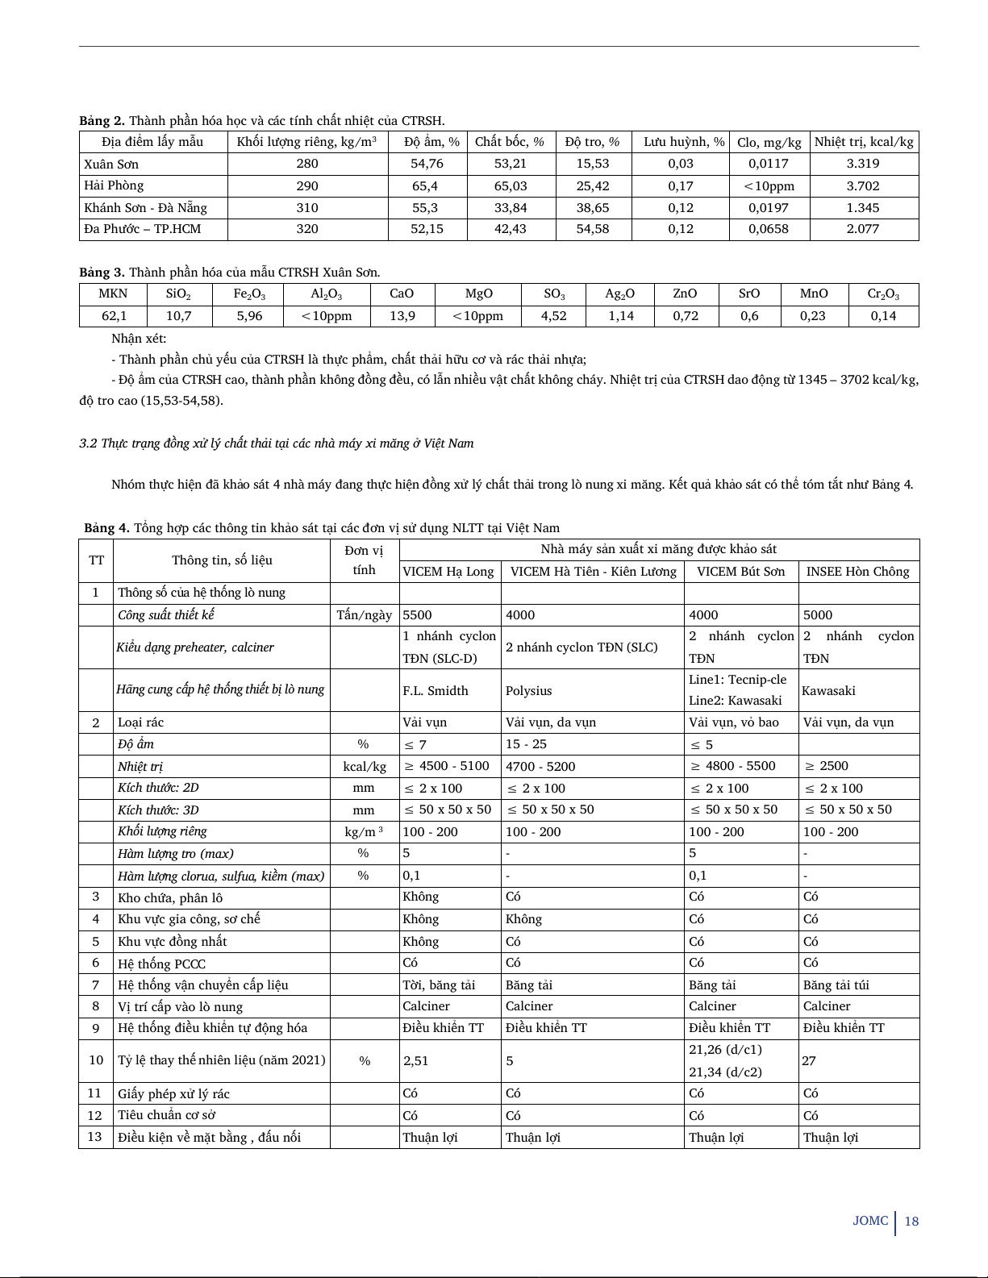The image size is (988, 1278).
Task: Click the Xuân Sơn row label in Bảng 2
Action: [x=111, y=164]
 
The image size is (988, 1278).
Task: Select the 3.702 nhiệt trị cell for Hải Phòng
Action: [x=863, y=185]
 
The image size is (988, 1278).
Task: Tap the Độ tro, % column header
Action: [x=592, y=142]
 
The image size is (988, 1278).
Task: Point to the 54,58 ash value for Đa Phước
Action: [x=592, y=229]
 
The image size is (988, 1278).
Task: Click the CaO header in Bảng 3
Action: [x=402, y=293]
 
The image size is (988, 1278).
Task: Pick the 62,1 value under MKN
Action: [x=114, y=316]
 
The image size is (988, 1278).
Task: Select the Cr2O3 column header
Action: [x=883, y=293]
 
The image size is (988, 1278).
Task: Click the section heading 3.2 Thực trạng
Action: [x=277, y=443]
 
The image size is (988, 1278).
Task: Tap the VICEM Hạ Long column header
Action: [x=448, y=572]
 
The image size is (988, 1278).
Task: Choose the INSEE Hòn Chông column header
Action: [x=857, y=572]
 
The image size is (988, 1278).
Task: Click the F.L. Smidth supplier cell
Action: [x=436, y=690]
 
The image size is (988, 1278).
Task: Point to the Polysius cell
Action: [x=529, y=690]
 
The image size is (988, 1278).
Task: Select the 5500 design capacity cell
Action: [x=417, y=614]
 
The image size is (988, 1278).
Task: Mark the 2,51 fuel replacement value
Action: [x=416, y=1061]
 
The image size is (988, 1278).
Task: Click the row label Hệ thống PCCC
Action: [x=161, y=964]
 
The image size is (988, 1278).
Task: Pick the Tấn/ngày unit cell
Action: [x=364, y=614]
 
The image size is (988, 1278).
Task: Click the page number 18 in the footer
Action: [x=911, y=1221]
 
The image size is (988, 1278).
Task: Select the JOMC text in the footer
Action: [x=870, y=1221]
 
